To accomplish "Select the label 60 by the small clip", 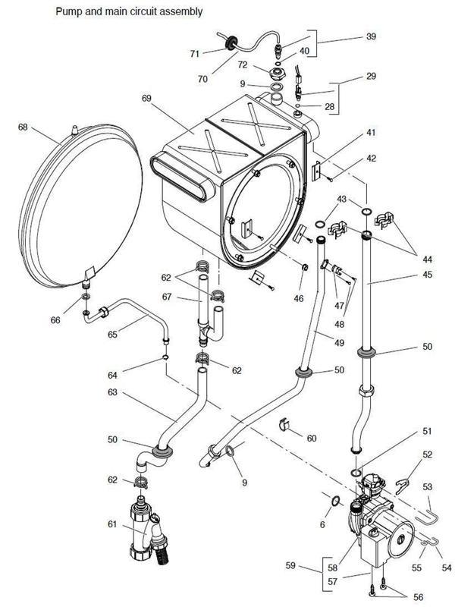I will pos(312,438).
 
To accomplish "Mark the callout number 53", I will pos(428,486).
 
